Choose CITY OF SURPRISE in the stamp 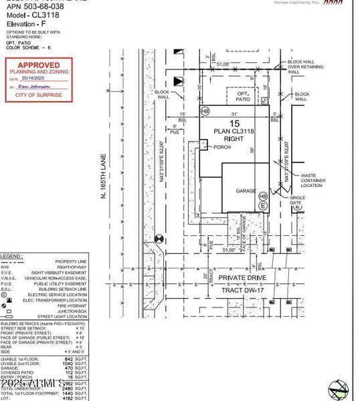coord(38,95)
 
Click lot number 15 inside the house coord(234,124)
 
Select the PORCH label coord(212,147)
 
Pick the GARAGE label coord(246,190)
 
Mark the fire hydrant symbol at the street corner coord(159,238)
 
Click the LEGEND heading coord(11,256)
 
